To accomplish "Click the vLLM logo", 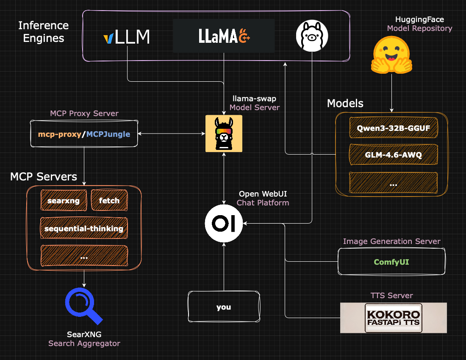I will pyautogui.click(x=127, y=37).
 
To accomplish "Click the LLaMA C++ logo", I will pyautogui.click(x=224, y=36).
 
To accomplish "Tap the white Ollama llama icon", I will pyautogui.click(x=312, y=36).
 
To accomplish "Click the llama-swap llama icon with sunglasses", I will pyautogui.click(x=224, y=133).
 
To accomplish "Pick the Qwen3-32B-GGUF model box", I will pyautogui.click(x=393, y=127).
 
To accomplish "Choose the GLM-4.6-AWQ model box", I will pyautogui.click(x=393, y=155).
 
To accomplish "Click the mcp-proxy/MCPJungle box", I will pyautogui.click(x=84, y=134).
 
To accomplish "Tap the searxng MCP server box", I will pyautogui.click(x=64, y=200).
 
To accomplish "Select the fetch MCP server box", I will pyautogui.click(x=109, y=200).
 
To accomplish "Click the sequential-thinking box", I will pyautogui.click(x=84, y=228).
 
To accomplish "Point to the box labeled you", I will pyautogui.click(x=224, y=307).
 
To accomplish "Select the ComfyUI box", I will pyautogui.click(x=391, y=262).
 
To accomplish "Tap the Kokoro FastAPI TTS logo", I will pyautogui.click(x=393, y=318).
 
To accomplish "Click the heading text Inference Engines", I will pyautogui.click(x=43, y=32).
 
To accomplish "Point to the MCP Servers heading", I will pyautogui.click(x=44, y=176).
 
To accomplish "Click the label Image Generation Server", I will pyautogui.click(x=391, y=241).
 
